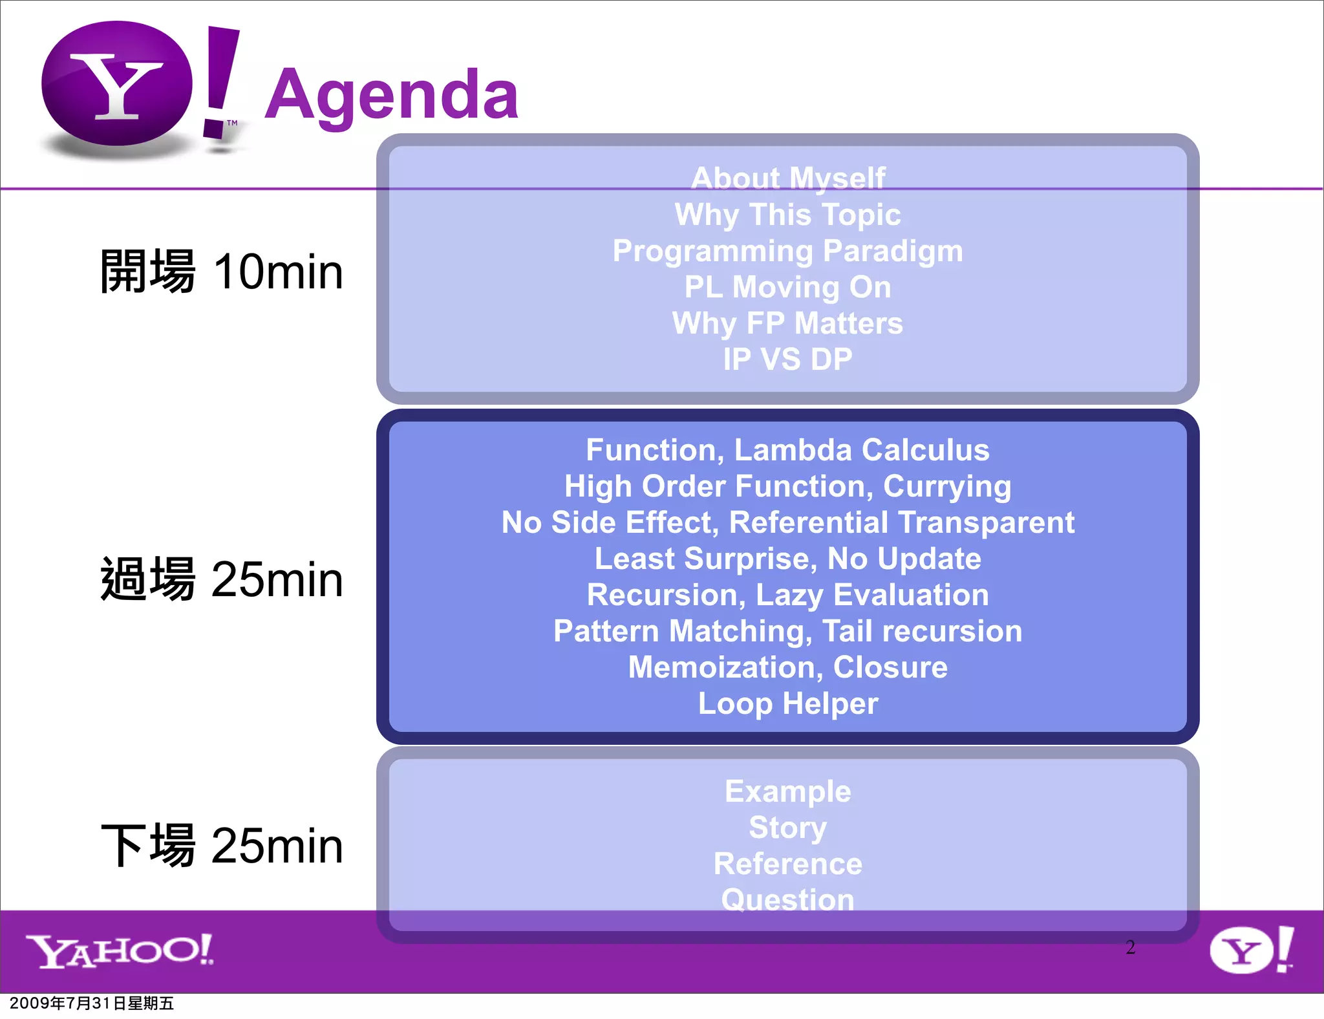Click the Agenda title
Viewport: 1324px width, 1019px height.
392,96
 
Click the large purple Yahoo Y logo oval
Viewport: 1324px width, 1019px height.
117,84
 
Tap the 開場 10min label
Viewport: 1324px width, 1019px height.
222,272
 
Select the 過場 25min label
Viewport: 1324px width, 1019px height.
222,579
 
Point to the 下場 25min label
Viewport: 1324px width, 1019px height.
222,845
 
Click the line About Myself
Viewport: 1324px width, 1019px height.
787,178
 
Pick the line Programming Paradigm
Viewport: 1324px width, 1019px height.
787,251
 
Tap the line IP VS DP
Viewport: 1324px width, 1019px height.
787,359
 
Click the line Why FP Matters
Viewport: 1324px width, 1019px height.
787,323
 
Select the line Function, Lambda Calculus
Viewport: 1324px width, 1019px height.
787,450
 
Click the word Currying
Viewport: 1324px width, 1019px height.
946,487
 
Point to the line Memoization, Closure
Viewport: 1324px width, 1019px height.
787,667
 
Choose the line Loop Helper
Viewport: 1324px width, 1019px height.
787,703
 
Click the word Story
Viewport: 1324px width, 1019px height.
787,828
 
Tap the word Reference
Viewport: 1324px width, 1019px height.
787,864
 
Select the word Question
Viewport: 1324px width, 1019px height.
787,900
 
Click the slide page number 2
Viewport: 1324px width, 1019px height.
1130,947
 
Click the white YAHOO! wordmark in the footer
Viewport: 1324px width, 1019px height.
120,951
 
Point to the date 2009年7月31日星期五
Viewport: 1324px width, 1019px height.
92,1003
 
